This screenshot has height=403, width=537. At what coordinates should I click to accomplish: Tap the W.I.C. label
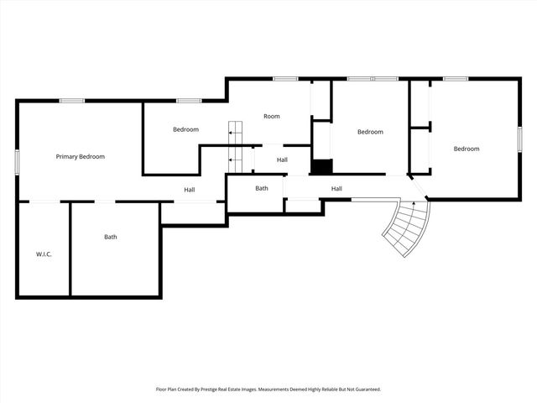44,254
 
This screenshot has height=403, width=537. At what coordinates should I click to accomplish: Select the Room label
271,116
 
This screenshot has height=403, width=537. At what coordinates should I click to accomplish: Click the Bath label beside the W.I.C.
111,237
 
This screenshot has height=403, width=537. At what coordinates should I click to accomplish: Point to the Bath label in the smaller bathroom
262,188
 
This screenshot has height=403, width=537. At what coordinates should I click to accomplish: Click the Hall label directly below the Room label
282,160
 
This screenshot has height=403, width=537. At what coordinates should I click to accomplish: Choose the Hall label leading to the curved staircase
336,188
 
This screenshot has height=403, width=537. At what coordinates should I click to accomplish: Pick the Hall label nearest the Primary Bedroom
190,190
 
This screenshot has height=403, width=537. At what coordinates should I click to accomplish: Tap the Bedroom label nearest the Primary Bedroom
185,129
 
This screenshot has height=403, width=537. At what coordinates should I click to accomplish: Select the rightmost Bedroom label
466,149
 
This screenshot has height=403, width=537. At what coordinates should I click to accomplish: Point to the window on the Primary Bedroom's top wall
70,101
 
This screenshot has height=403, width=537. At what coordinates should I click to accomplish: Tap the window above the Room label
284,79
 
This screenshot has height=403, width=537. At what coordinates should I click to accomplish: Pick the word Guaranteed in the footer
364,390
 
